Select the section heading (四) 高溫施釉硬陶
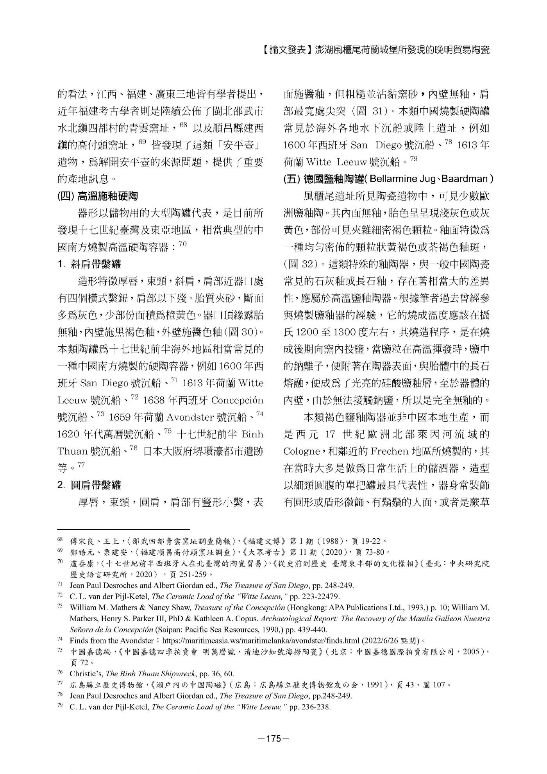[x=98, y=195]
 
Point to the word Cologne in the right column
[x=302, y=451]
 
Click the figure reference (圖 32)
[x=301, y=264]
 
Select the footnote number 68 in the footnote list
[x=60, y=541]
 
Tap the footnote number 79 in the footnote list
[x=60, y=707]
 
